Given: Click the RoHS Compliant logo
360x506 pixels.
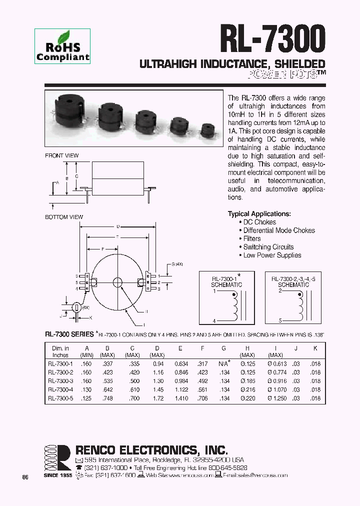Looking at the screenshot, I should pos(62,46).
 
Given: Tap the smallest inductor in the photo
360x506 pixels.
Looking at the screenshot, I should pos(208,131).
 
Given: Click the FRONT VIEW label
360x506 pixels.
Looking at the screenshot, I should pos(62,155).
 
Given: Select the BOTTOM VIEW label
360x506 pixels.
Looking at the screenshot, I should pos(64,217).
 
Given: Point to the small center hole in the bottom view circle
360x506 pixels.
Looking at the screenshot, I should pos(117,282).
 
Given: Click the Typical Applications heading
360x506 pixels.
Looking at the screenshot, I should pos(259,214).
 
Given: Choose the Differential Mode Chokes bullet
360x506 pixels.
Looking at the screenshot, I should pos(278,230).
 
